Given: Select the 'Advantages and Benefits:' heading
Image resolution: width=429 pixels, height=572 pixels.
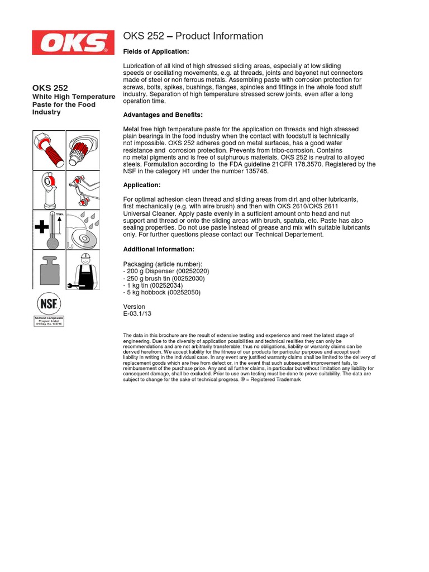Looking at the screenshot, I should click(163, 115).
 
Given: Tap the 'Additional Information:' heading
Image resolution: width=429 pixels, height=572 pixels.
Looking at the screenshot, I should click(159, 249).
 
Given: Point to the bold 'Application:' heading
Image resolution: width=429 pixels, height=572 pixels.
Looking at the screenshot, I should click(142, 185).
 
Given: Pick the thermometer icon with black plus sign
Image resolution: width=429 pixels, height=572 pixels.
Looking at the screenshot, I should click(49, 229).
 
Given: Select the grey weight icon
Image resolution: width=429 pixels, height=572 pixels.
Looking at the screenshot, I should click(49, 270).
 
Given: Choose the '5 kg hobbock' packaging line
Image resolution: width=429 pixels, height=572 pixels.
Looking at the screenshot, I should click(161, 292).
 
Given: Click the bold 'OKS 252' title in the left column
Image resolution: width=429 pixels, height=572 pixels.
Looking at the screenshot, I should click(50, 88).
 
